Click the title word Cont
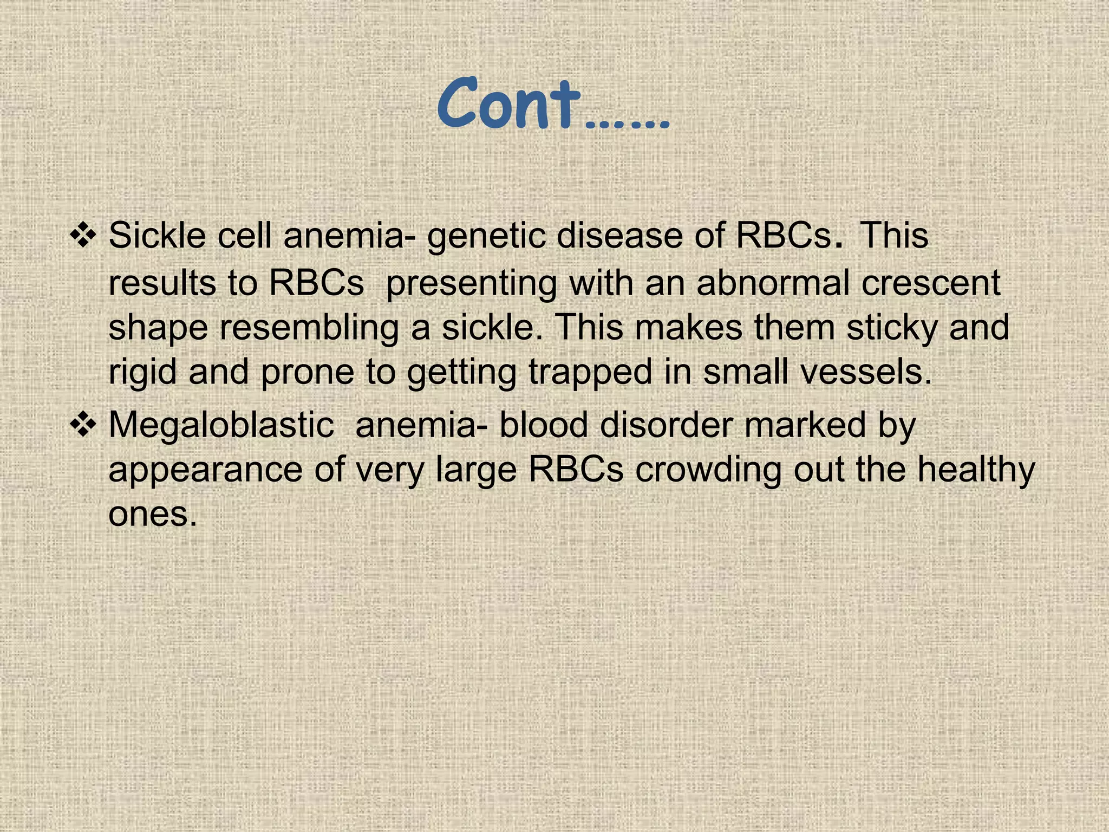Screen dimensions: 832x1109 (509, 104)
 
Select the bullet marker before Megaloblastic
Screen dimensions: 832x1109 (83, 425)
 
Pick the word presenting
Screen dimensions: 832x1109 (472, 284)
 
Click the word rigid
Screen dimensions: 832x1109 (142, 373)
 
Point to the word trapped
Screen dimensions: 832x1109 (590, 373)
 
